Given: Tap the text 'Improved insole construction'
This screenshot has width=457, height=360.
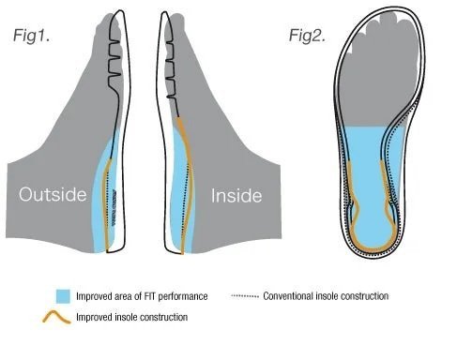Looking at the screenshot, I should (x=129, y=317).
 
